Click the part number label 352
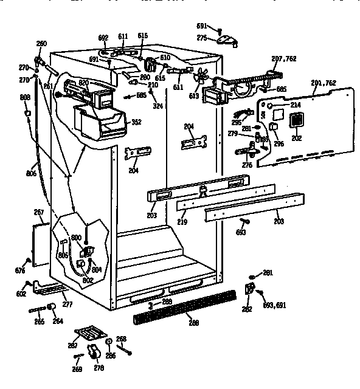point(136,122)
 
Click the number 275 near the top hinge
point(202,38)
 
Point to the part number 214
point(296,105)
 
